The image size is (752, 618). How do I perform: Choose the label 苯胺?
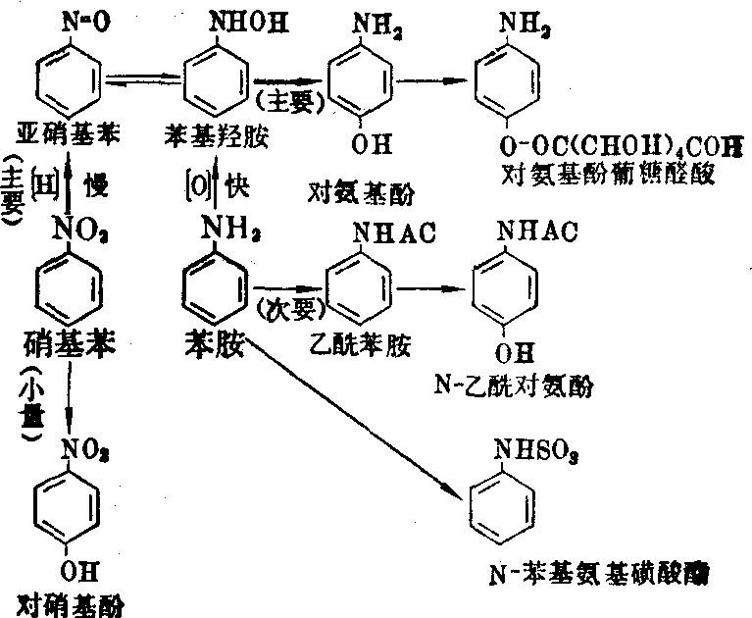[213, 343]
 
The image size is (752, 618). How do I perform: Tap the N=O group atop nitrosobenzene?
[71, 18]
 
